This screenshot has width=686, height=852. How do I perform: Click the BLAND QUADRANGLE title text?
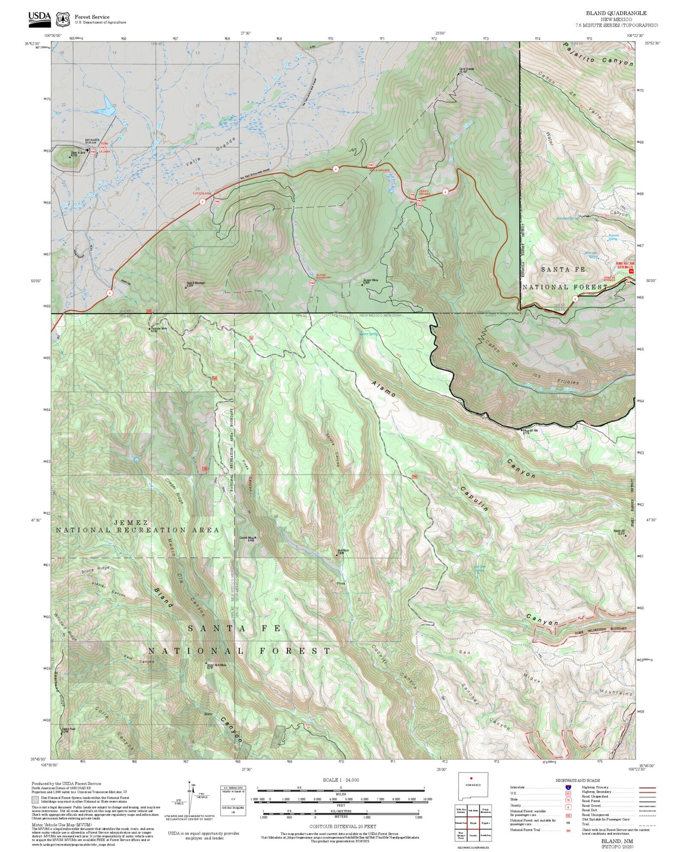616,13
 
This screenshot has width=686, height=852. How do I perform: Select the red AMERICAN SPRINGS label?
625,265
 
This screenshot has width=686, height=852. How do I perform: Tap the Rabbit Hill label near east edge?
619,532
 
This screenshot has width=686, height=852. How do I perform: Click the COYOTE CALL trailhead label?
202,194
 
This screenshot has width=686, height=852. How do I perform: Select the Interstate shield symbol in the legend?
568,787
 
